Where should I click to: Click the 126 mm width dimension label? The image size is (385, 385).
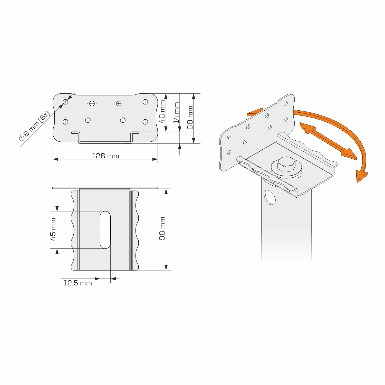tap(105, 156)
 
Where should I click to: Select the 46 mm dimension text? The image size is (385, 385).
tap(162, 112)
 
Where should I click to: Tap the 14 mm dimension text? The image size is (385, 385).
tap(176, 113)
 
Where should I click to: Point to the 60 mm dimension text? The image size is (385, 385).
tap(190, 118)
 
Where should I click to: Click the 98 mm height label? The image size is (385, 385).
tap(162, 228)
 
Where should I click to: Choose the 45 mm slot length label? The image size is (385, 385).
tap(53, 229)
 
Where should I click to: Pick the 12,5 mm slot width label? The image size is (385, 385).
tap(78, 283)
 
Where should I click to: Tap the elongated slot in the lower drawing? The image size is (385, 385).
tap(105, 230)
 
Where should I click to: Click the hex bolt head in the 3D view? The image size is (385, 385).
tap(286, 165)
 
